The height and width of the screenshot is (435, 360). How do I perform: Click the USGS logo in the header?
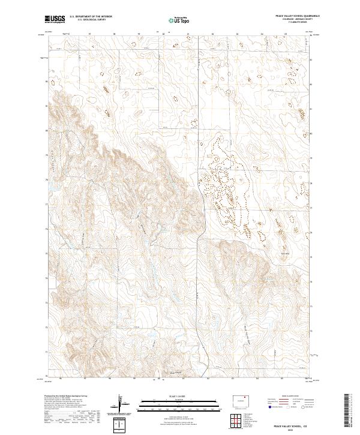click(55, 20)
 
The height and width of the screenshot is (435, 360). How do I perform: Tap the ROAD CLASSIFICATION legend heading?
click(287, 397)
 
